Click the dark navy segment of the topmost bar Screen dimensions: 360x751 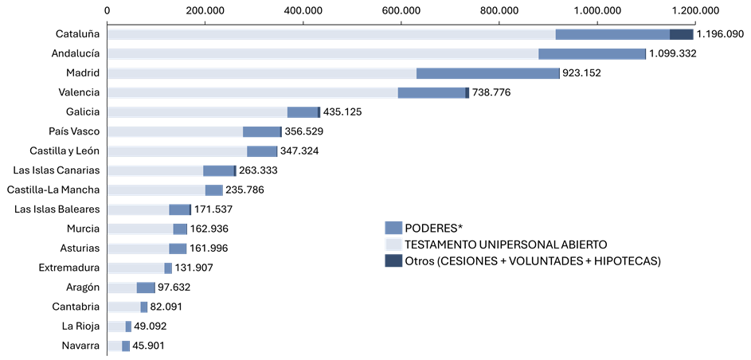click(681, 34)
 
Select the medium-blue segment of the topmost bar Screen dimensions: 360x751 click(612, 34)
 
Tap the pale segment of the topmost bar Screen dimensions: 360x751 click(331, 34)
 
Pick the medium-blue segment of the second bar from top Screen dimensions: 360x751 click(592, 53)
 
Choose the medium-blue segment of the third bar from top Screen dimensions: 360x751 click(487, 73)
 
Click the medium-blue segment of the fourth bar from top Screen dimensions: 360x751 click(432, 92)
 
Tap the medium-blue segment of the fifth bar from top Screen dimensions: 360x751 click(303, 112)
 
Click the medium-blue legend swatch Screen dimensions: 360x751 click(393, 228)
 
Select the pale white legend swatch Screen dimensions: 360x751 click(393, 245)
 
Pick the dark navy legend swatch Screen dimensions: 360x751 click(393, 260)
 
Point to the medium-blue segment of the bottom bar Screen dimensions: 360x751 click(126, 346)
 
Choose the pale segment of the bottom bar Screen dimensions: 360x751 click(115, 346)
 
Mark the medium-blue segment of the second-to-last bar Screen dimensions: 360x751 click(128, 327)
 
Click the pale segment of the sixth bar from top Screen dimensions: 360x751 click(175, 131)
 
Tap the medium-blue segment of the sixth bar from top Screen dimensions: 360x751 click(261, 131)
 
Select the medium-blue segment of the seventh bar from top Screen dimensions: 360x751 click(262, 151)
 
